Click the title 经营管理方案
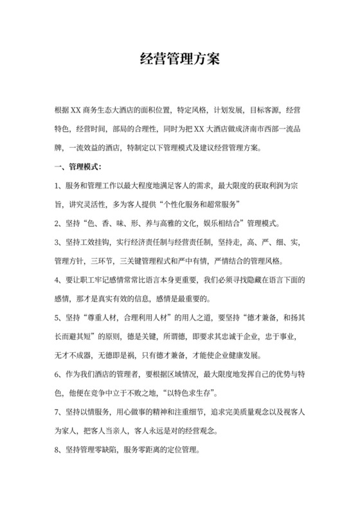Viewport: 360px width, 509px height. [x=180, y=60]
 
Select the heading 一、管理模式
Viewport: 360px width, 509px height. [x=77, y=168]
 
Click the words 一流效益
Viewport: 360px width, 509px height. [x=87, y=147]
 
